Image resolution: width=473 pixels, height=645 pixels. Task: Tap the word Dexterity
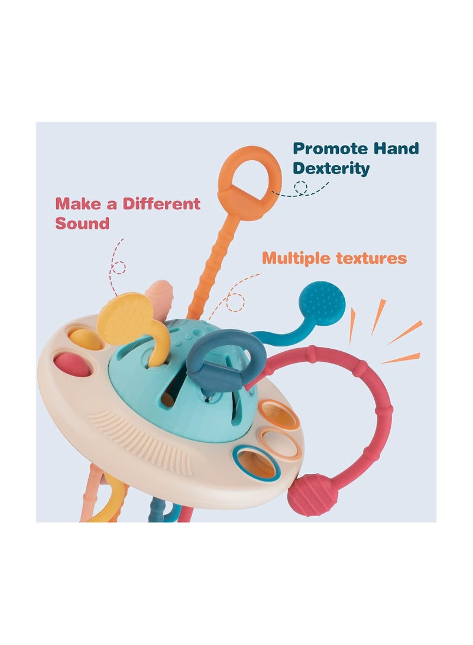[331, 168]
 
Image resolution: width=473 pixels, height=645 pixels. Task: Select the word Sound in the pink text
[82, 223]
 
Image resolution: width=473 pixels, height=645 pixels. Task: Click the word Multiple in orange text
[296, 258]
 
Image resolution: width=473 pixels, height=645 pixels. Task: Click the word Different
[161, 203]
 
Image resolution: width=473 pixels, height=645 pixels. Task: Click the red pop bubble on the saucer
[72, 364]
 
